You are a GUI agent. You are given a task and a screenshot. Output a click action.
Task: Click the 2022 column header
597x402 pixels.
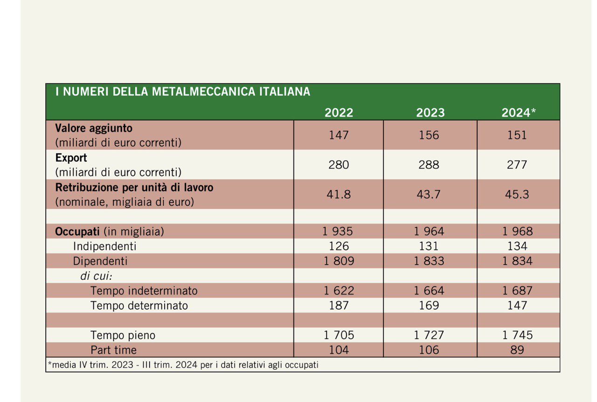tap(339, 113)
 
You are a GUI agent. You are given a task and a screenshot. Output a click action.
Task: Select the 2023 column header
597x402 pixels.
tap(430, 113)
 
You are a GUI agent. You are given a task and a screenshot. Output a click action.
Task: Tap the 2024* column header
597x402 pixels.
tap(518, 113)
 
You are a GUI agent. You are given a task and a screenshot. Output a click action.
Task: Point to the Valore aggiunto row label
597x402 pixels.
tap(94, 128)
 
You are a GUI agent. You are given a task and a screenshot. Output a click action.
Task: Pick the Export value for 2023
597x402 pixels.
tap(429, 165)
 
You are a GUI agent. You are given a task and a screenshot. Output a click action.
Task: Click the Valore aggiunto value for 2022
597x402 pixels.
tap(339, 135)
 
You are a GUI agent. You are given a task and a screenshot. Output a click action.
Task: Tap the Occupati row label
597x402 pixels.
tap(78, 232)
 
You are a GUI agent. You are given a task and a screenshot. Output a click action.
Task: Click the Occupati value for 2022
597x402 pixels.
tap(339, 232)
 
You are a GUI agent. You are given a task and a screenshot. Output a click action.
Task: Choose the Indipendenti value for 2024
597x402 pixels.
tap(517, 246)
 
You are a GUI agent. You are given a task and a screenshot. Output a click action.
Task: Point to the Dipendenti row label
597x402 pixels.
tap(100, 261)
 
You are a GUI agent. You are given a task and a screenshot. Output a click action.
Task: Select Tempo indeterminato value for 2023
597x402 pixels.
tap(429, 291)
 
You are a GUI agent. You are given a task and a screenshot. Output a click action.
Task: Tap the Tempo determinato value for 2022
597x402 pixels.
tap(339, 306)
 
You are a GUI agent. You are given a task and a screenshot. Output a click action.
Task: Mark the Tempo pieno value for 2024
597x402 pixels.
tap(517, 335)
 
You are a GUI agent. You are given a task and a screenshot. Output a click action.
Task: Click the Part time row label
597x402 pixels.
tap(114, 350)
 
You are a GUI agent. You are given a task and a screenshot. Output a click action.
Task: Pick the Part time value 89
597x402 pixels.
tap(517, 350)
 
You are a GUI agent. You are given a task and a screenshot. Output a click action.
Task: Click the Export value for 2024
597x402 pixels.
tap(517, 165)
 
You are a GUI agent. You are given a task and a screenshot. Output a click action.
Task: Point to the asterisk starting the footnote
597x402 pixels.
tap(49, 364)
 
